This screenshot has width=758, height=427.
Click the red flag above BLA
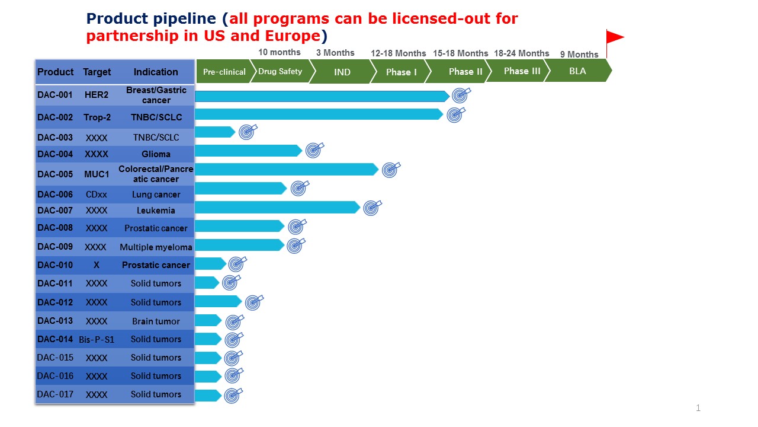[614, 38]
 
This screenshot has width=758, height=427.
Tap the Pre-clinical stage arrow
[224, 72]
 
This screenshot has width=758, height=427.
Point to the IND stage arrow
[342, 72]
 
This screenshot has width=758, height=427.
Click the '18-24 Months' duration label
[521, 53]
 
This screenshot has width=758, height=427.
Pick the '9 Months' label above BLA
[579, 55]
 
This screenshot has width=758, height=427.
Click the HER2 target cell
[97, 95]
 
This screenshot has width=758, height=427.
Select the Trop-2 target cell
[97, 117]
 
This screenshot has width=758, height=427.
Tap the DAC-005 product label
[55, 174]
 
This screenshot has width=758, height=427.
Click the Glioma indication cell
[156, 154]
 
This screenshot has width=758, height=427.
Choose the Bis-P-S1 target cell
[97, 339]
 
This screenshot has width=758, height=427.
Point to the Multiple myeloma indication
[156, 247]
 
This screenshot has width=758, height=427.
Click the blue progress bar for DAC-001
[320, 96]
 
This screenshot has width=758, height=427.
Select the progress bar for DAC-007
[275, 207]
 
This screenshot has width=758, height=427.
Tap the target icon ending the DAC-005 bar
[390, 170]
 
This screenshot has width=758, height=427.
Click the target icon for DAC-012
[253, 302]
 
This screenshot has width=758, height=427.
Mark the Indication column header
[156, 72]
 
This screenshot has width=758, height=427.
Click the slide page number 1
[698, 408]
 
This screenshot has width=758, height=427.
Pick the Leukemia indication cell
[156, 210]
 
